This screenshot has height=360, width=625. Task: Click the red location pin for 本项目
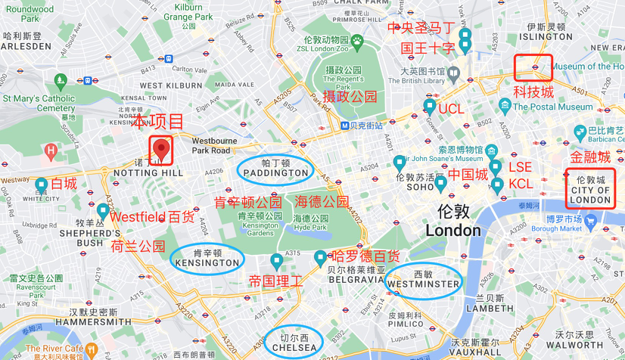[x=161, y=148]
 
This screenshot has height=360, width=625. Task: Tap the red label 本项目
[x=158, y=122]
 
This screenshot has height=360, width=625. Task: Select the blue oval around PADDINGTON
[x=273, y=169]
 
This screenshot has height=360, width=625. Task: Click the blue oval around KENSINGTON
[x=207, y=259]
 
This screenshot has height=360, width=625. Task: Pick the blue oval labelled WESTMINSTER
[x=423, y=280]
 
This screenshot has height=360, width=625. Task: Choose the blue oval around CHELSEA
[x=294, y=342]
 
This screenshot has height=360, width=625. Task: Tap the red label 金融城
[x=589, y=157]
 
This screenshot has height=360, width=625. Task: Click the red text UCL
[x=451, y=109]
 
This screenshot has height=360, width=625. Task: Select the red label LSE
[x=520, y=166]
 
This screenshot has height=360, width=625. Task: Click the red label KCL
[x=521, y=184]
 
